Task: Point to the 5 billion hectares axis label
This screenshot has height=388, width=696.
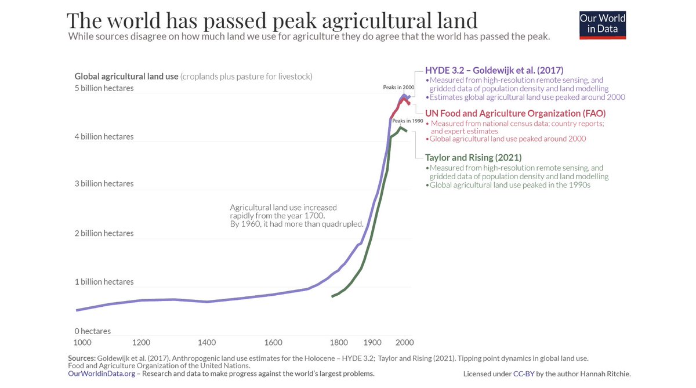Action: (x=104, y=88)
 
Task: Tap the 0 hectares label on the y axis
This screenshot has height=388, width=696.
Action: (x=93, y=331)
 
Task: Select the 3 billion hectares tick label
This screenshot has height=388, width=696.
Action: (x=104, y=183)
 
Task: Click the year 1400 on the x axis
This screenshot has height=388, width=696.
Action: (x=206, y=342)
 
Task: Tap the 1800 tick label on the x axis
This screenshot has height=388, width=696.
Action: (x=339, y=342)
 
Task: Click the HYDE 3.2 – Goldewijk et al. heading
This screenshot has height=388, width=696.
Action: (x=494, y=70)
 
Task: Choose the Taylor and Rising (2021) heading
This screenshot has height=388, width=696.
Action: (x=473, y=157)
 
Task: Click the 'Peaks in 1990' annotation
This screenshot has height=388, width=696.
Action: (x=407, y=121)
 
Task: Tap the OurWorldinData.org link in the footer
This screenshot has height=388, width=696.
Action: (x=101, y=374)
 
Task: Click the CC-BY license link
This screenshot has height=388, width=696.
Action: (x=520, y=374)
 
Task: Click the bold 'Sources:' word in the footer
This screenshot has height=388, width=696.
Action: (x=81, y=358)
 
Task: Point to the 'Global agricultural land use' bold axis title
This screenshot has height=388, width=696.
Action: (x=126, y=77)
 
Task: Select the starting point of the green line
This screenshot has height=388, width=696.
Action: (x=332, y=296)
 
